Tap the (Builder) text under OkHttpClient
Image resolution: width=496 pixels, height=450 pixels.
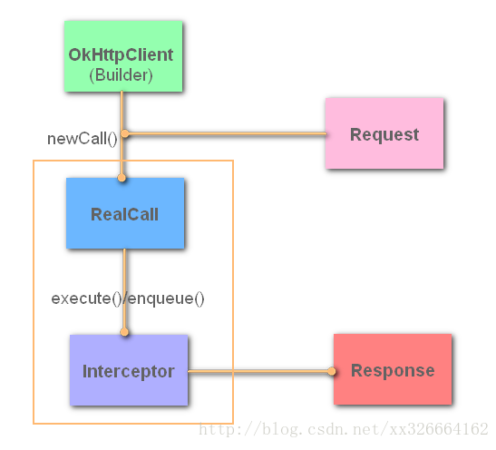[x=121, y=76]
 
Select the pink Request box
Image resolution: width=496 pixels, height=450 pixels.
[x=384, y=133]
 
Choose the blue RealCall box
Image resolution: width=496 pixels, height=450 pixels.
[x=124, y=213]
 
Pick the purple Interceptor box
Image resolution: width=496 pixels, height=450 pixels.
[x=128, y=371]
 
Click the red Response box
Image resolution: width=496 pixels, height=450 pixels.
[x=392, y=370]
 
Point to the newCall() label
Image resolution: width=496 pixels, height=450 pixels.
[x=83, y=139]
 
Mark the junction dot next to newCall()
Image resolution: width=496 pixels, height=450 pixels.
[x=125, y=134]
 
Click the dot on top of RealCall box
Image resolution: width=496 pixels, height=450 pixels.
[x=122, y=178]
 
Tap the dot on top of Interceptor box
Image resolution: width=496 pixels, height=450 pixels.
[x=124, y=332]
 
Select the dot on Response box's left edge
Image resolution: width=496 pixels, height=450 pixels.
[x=332, y=371]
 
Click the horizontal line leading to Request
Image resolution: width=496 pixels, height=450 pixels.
[x=227, y=134]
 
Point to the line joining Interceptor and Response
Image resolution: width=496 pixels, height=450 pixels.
[x=258, y=371]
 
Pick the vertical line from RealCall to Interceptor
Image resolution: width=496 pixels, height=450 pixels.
[x=124, y=272]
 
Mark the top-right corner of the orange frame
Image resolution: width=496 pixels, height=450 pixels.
[x=233, y=161]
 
